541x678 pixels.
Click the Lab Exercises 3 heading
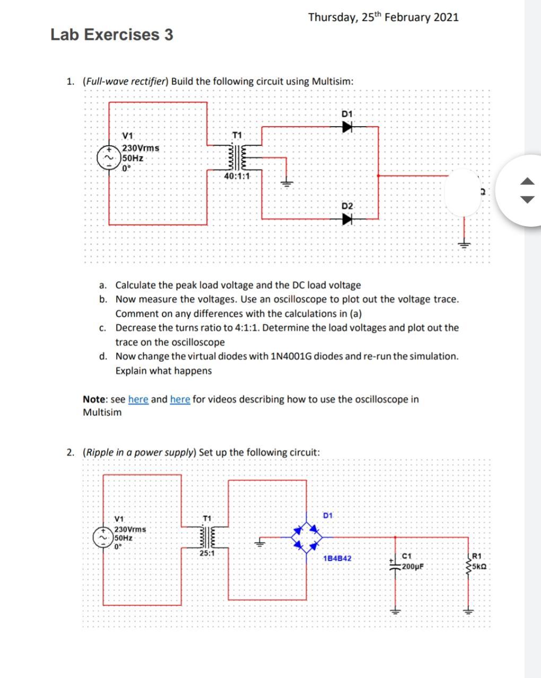(x=111, y=35)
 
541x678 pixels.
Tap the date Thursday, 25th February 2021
(x=383, y=17)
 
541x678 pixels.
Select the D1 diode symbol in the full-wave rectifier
(x=347, y=127)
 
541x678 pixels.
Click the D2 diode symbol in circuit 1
(x=347, y=218)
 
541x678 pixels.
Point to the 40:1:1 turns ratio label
(x=237, y=176)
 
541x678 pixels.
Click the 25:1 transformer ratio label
(x=207, y=553)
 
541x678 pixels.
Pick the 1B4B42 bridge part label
(x=337, y=558)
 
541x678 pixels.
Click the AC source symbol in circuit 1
(x=110, y=158)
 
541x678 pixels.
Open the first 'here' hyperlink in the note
(x=138, y=399)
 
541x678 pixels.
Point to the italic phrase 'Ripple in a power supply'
(x=139, y=453)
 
